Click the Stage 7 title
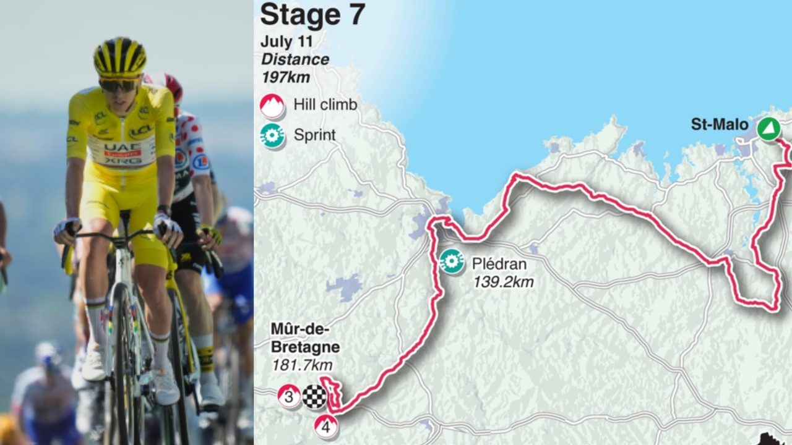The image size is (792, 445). click(312, 15)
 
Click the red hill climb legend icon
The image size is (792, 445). click(272, 106)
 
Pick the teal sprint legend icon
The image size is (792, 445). click(272, 136)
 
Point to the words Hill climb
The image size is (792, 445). click(325, 105)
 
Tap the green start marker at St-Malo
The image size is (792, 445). click(768, 129)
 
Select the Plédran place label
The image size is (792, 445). click(499, 265)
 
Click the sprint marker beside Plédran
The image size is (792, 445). click(452, 261)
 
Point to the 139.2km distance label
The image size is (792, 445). click(503, 282)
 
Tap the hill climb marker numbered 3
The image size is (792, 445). click(289, 396)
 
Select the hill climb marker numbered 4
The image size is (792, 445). click(326, 426)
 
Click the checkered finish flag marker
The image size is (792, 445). click(314, 396)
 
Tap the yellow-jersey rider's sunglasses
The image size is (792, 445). click(119, 85)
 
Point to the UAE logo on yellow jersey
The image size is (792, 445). click(121, 146)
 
